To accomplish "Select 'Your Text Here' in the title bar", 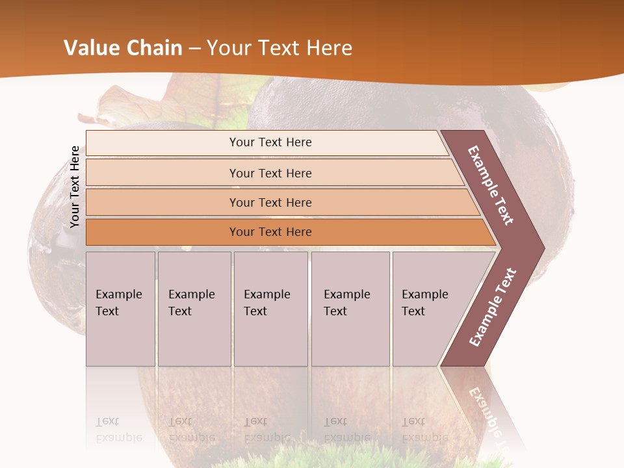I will (x=279, y=48).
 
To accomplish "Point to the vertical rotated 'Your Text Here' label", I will (x=75, y=187).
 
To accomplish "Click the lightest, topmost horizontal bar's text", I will (x=270, y=142).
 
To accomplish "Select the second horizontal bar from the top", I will (x=270, y=173).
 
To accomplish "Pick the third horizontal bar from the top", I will (x=270, y=202).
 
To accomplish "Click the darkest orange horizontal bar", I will (x=270, y=232).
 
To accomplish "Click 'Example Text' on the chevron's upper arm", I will (x=491, y=185).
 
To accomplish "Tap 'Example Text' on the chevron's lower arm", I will (x=493, y=307).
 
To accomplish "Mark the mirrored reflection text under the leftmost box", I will (x=119, y=430).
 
